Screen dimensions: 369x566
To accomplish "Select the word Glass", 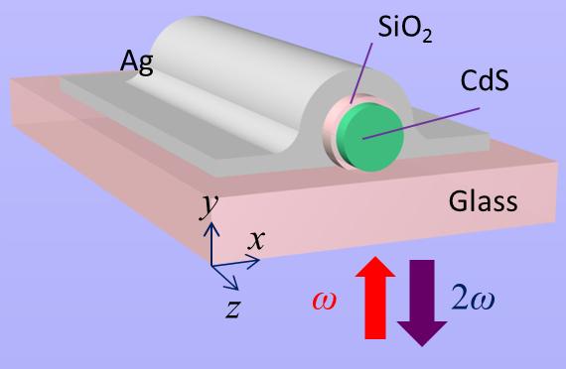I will [x=483, y=202].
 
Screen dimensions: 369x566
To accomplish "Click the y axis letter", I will [x=209, y=204].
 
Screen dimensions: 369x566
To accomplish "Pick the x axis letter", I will [x=256, y=238].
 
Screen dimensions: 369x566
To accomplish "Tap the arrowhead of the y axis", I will [x=212, y=227].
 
